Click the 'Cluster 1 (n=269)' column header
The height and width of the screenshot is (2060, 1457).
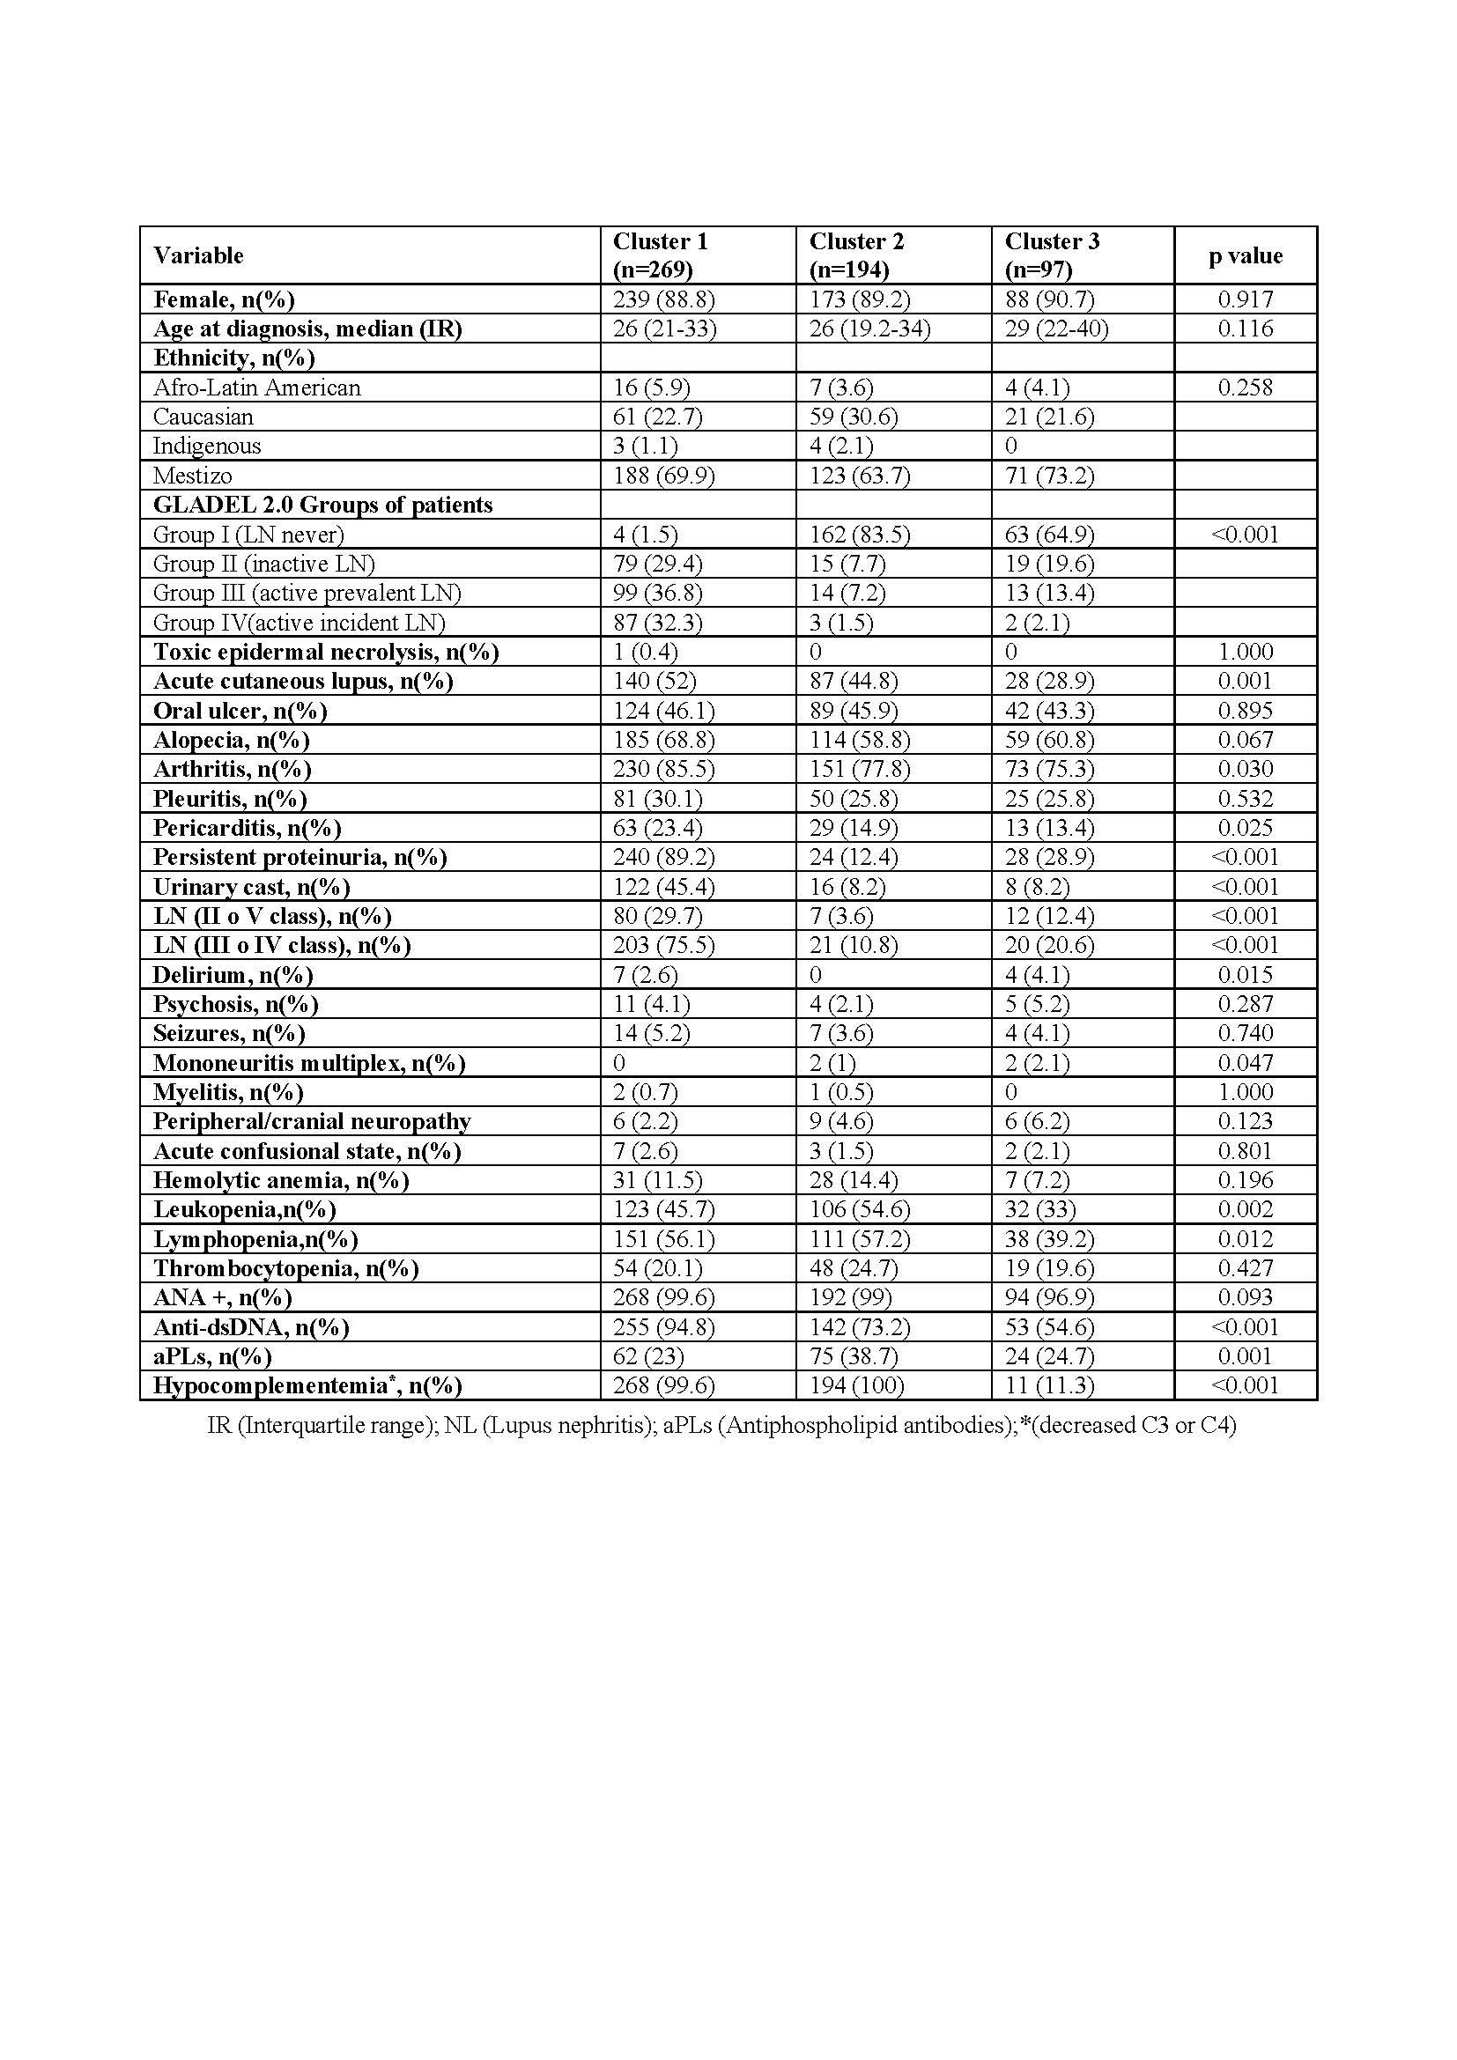point(661,255)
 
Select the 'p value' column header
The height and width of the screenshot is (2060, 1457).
point(1246,255)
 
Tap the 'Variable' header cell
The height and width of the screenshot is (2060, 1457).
point(198,255)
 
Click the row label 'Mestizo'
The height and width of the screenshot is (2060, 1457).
point(192,476)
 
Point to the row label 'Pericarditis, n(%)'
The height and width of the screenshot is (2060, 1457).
point(247,827)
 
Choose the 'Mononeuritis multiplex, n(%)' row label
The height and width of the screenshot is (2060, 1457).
point(308,1063)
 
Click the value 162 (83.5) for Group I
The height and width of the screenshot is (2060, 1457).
point(859,535)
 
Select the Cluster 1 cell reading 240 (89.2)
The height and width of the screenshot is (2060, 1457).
point(663,857)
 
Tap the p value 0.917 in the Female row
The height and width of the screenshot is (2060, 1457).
point(1246,299)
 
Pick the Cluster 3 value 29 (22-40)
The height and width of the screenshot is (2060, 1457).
point(1056,329)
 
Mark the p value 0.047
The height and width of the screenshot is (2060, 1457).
point(1246,1063)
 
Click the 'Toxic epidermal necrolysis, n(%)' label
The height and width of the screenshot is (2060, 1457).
point(326,652)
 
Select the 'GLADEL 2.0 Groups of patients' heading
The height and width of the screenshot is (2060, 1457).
point(323,506)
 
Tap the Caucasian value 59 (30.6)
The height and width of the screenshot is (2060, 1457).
point(854,417)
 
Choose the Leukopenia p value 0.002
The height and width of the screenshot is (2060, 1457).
point(1246,1209)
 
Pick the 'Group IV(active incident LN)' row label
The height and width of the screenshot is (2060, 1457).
point(299,623)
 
